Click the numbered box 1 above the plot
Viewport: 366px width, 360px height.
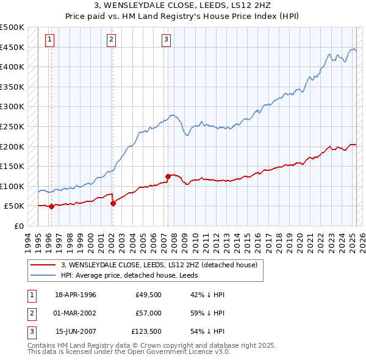49,40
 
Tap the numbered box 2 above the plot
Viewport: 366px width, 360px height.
112,40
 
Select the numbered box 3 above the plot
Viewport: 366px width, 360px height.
167,40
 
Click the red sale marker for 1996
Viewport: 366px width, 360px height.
51,206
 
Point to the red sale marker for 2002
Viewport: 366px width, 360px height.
113,203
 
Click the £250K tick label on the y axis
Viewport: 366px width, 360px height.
12,126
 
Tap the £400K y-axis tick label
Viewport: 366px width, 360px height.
12,67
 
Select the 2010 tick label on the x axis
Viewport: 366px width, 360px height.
194,242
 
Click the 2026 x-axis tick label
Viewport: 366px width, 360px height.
361,242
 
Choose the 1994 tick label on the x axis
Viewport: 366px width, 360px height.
28,242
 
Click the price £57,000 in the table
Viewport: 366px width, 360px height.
149,313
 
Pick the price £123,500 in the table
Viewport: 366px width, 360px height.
146,332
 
